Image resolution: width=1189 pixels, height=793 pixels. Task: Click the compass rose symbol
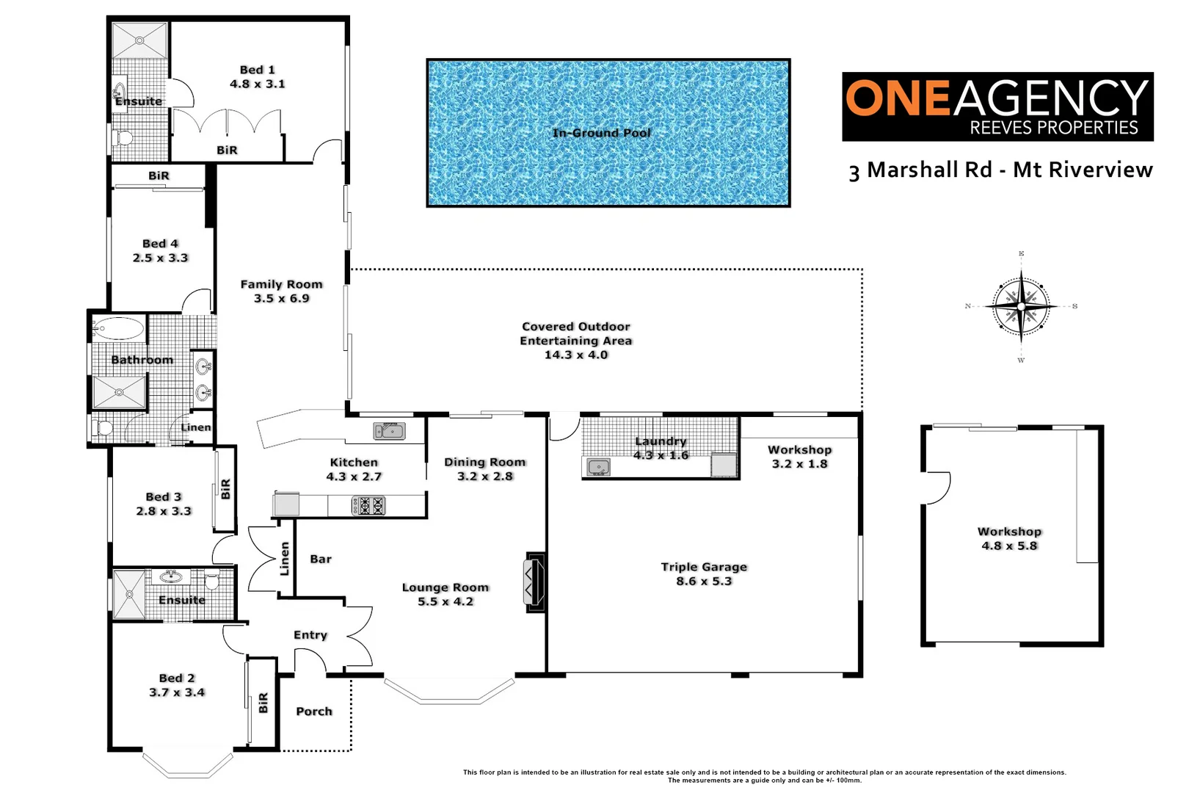pyautogui.click(x=1021, y=306)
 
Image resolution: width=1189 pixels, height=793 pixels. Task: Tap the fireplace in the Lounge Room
pyautogui.click(x=534, y=582)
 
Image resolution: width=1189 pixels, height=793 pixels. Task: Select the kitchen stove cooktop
pyautogui.click(x=368, y=505)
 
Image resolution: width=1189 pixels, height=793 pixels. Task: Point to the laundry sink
pyautogui.click(x=599, y=467)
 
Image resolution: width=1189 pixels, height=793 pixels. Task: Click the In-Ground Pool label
pyautogui.click(x=601, y=133)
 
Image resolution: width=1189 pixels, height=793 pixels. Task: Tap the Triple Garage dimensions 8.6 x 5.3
pyautogui.click(x=704, y=581)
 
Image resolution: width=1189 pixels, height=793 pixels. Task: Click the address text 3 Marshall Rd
pyautogui.click(x=920, y=170)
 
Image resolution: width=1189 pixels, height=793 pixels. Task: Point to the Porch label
pyautogui.click(x=314, y=711)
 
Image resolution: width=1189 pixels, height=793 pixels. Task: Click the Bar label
pyautogui.click(x=321, y=559)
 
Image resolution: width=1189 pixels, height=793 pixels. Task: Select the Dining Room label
pyautogui.click(x=484, y=462)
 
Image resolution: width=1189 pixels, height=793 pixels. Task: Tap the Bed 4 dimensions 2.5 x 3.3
pyautogui.click(x=160, y=258)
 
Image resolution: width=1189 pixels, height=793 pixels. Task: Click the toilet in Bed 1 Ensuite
pyautogui.click(x=123, y=138)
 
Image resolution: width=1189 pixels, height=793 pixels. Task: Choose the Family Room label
pyautogui.click(x=281, y=284)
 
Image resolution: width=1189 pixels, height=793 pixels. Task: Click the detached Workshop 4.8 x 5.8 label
pyautogui.click(x=1009, y=531)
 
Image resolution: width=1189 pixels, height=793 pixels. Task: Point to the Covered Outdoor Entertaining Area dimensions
pyautogui.click(x=575, y=355)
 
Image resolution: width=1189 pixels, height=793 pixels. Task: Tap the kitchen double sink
pyautogui.click(x=389, y=431)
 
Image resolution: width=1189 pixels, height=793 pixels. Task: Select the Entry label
pyautogui.click(x=310, y=634)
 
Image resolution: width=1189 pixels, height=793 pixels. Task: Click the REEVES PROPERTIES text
pyautogui.click(x=1053, y=128)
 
